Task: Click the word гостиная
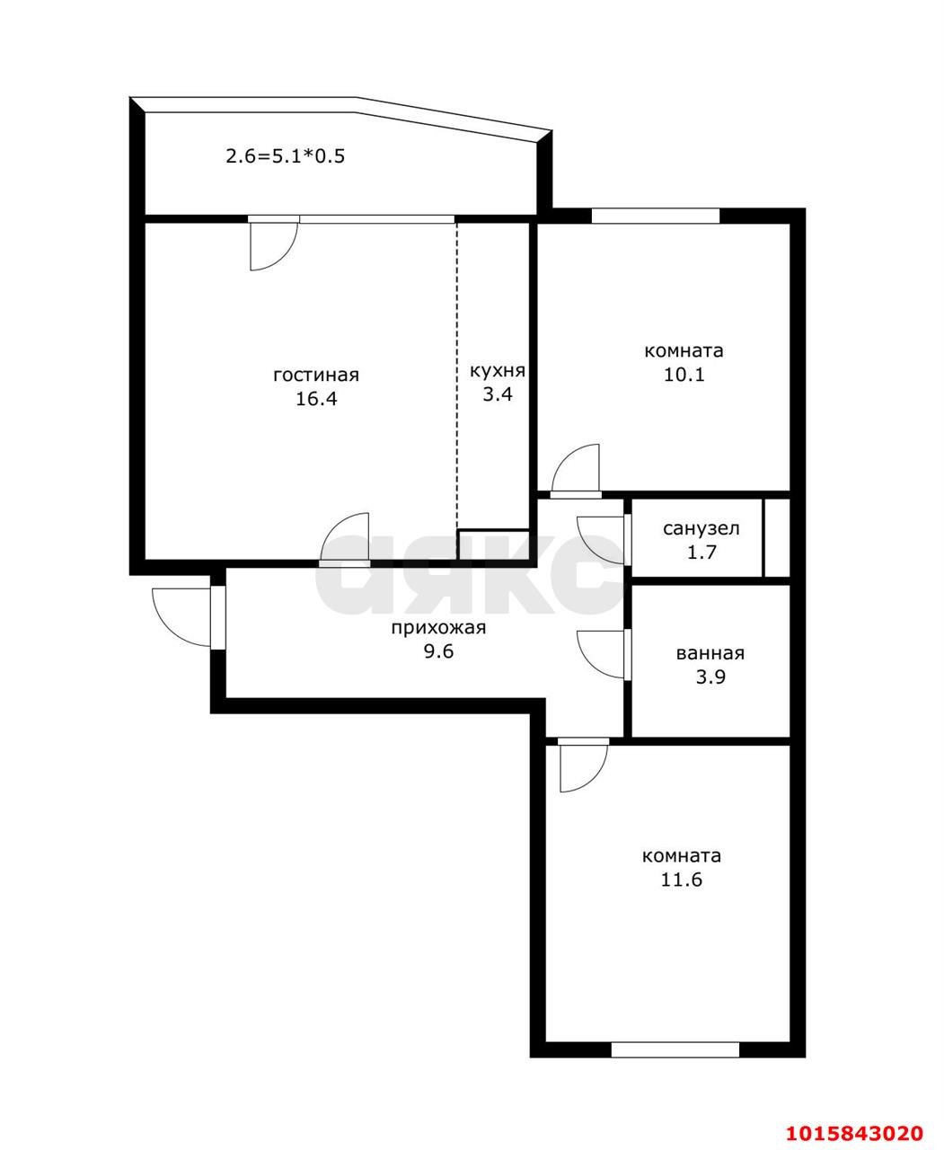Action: tap(316, 376)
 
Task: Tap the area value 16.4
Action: tap(316, 399)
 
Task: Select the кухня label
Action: tap(498, 371)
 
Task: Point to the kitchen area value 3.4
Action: tap(498, 394)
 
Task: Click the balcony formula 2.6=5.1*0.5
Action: tap(286, 156)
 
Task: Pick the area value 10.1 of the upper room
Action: tap(684, 375)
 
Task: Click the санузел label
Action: tap(701, 528)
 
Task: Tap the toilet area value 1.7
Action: tap(701, 553)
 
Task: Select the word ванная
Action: tap(710, 653)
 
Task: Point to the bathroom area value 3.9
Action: tap(710, 677)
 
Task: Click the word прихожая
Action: tap(438, 628)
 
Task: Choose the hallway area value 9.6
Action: tap(438, 651)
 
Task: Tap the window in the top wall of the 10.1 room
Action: tap(656, 216)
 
